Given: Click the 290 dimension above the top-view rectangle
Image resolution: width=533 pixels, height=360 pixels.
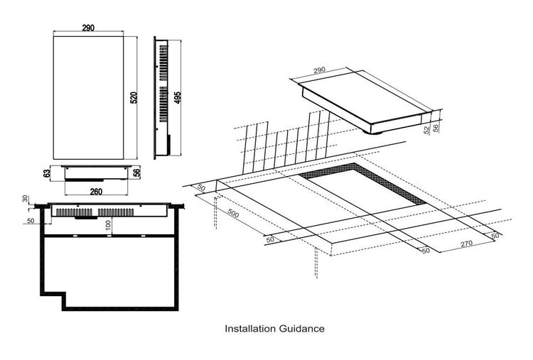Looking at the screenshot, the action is [88, 28].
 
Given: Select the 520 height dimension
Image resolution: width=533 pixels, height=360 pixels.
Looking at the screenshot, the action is [134, 98].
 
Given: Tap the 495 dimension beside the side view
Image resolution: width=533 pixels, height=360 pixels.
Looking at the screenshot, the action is [177, 98].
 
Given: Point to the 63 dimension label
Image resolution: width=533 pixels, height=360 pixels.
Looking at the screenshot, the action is [47, 173].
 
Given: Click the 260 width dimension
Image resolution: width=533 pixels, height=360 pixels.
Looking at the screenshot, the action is [96, 192].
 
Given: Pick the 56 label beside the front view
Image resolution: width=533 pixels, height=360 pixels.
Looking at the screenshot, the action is [136, 173].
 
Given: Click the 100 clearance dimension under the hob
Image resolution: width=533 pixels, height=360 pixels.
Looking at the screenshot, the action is [109, 225].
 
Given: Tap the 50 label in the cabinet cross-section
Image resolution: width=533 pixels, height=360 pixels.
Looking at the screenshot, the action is [31, 221].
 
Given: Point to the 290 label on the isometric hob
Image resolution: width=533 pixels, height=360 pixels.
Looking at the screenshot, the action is [319, 70].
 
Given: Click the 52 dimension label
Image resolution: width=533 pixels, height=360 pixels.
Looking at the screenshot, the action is [427, 130].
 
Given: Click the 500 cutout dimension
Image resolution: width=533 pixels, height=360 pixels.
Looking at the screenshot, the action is [233, 213].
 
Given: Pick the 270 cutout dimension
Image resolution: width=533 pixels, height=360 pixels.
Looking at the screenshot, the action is [466, 244].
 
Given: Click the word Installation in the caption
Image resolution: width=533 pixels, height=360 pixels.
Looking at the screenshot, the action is [250, 329].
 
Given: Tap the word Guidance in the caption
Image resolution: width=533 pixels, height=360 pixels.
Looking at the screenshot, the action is [302, 329].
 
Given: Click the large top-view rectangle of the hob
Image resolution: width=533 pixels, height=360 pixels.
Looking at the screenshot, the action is [88, 98].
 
